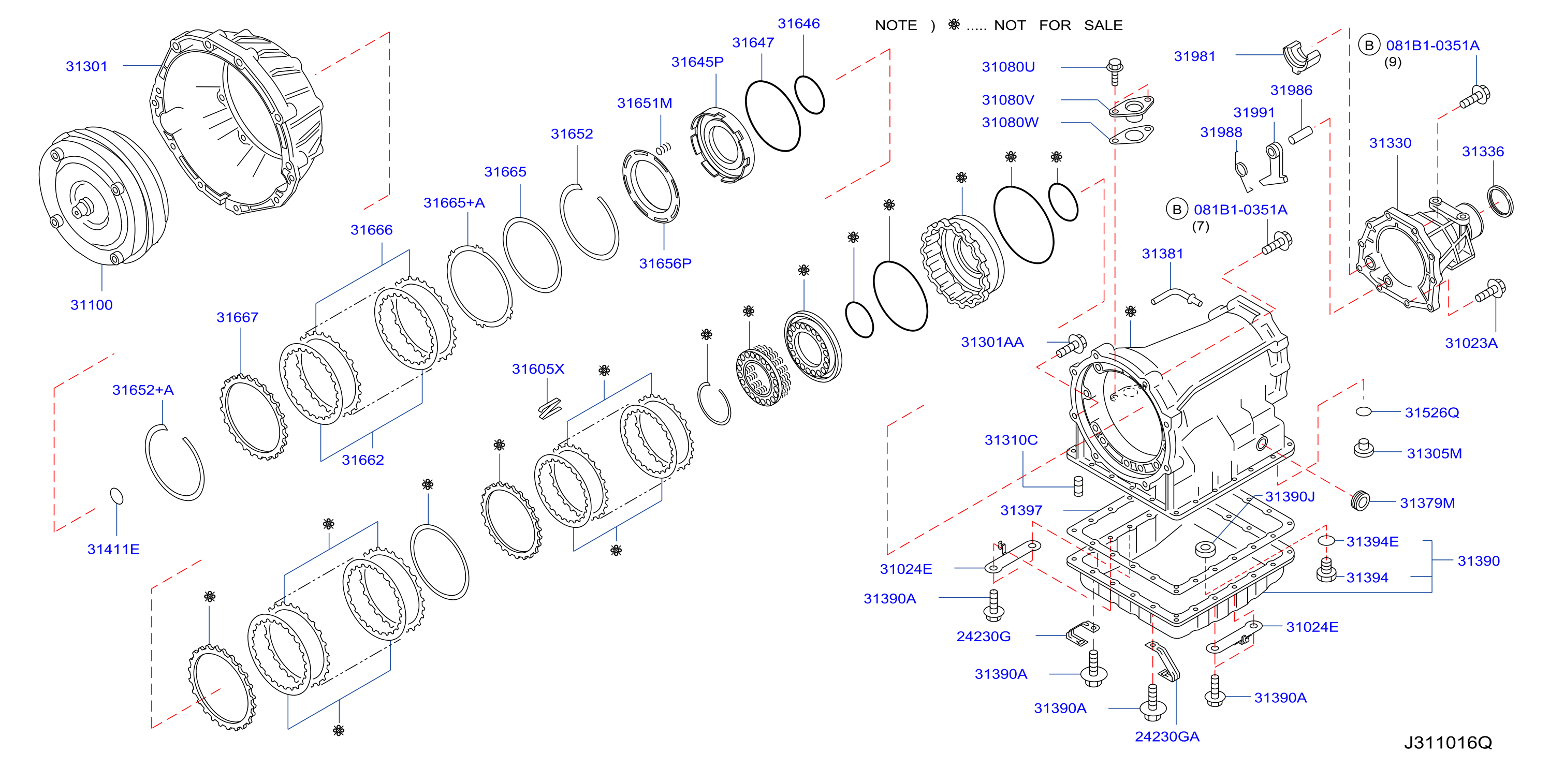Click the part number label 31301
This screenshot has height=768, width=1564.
click(87, 66)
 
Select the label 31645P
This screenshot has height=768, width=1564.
click(697, 62)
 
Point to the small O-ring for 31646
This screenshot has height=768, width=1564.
click(809, 95)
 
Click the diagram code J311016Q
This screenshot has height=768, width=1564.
click(1448, 743)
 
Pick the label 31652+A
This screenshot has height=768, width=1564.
click(143, 390)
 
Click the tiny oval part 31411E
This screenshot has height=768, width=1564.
click(116, 496)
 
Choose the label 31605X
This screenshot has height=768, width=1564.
click(538, 369)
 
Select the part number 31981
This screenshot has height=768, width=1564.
click(1194, 56)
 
